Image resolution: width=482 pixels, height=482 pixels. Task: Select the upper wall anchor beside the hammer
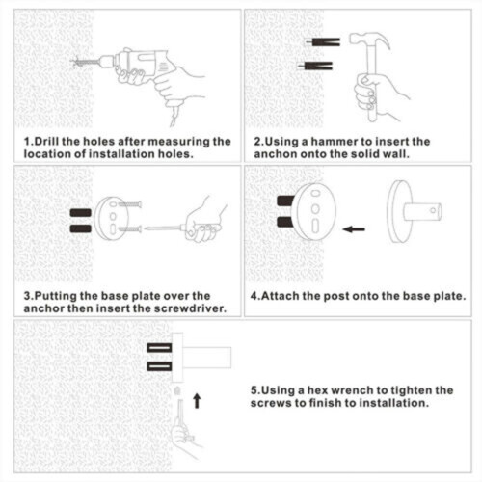(323, 41)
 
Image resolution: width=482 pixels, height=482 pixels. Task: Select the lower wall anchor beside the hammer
(315, 66)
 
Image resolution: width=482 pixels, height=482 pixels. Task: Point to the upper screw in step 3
(130, 204)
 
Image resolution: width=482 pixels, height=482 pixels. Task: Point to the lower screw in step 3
(130, 229)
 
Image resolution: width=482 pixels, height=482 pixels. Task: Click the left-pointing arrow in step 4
(354, 229)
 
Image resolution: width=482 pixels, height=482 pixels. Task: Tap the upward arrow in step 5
(197, 401)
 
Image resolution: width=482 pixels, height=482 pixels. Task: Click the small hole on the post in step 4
(433, 211)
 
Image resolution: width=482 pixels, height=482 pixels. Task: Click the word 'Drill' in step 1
(46, 142)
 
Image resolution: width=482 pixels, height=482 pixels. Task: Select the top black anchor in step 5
(159, 348)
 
